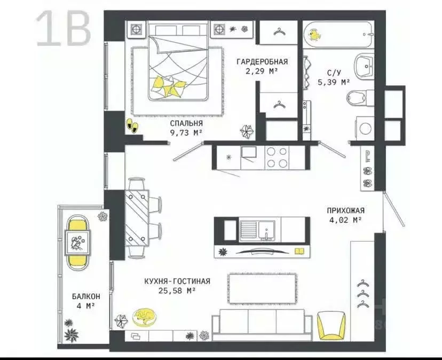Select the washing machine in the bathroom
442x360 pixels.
pos(365,128)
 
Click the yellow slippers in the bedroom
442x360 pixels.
pos(132,126)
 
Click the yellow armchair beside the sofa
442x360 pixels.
pos(331,325)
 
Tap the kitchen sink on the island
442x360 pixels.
pos(266,230)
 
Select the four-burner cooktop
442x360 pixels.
pos(277,158)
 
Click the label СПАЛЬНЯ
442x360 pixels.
pos(186,123)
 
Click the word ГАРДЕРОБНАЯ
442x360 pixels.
pos(262,61)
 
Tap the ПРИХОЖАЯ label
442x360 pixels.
pos(345,210)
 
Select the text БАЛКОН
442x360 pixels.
pos(86,296)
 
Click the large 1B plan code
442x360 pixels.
pos(64,29)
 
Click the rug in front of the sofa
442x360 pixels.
pos(263,288)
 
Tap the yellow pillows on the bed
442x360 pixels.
pos(169,86)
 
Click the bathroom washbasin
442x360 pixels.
pos(364,66)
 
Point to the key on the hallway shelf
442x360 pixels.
pos(368,156)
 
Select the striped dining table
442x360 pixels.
pos(137,218)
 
